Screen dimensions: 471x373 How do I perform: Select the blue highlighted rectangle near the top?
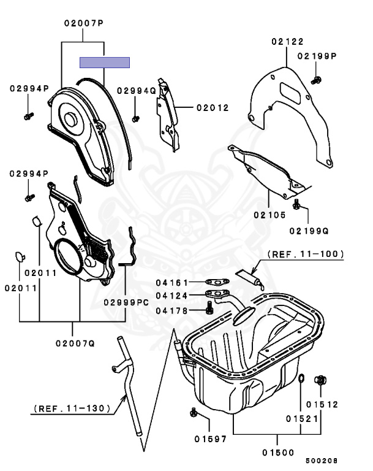pyautogui.click(x=105, y=62)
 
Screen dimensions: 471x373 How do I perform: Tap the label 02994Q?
pyautogui.click(x=137, y=90)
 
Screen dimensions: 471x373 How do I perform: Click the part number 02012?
pyautogui.click(x=213, y=107)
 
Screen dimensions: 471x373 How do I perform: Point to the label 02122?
pyautogui.click(x=288, y=42)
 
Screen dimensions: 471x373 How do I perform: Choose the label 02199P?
pyautogui.click(x=318, y=56)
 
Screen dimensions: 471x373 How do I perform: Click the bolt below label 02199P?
pyautogui.click(x=317, y=79)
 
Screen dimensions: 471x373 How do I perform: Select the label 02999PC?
pyautogui.click(x=126, y=302)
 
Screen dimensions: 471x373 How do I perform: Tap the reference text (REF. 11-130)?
pyautogui.click(x=72, y=407)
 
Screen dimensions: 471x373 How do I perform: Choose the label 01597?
pyautogui.click(x=211, y=439)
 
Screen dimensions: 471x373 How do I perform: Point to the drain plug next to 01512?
pyautogui.click(x=320, y=381)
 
